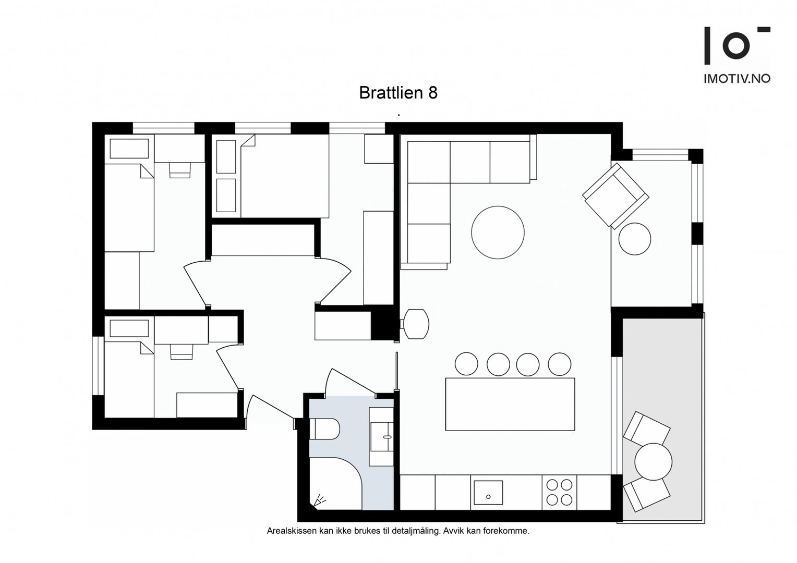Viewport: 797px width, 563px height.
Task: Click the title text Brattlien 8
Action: pyautogui.click(x=398, y=93)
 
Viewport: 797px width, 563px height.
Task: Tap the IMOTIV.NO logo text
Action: pyautogui.click(x=737, y=79)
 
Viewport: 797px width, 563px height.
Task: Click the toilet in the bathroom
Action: pyautogui.click(x=324, y=429)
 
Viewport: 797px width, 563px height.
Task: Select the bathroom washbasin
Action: pyautogui.click(x=381, y=437)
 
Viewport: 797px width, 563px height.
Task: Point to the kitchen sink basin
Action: pyautogui.click(x=488, y=493)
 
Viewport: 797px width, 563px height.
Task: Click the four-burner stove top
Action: pyautogui.click(x=559, y=492)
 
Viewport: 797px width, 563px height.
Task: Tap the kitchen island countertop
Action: pyautogui.click(x=510, y=405)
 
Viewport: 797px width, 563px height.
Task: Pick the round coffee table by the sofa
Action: pyautogui.click(x=498, y=232)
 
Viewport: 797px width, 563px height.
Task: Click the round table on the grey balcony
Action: pyautogui.click(x=653, y=462)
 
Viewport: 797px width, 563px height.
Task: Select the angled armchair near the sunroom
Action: pyautogui.click(x=615, y=196)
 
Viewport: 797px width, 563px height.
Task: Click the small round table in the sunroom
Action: pyautogui.click(x=635, y=239)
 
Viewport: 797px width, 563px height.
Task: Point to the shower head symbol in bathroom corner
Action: pyautogui.click(x=319, y=500)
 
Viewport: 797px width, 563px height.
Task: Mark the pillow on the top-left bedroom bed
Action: pyautogui.click(x=129, y=149)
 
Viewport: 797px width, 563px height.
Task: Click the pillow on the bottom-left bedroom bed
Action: pyautogui.click(x=129, y=328)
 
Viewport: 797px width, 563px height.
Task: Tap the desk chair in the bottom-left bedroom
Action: pyautogui.click(x=182, y=352)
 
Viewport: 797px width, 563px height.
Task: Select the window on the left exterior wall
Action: pyautogui.click(x=98, y=365)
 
